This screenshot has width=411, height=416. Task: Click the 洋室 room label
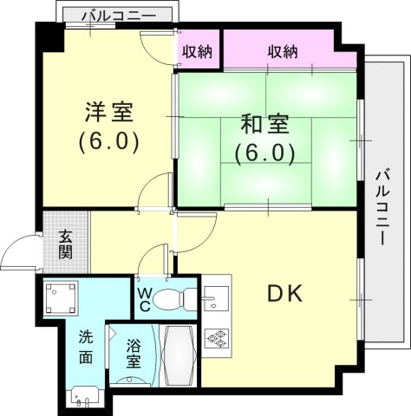pyautogui.click(x=109, y=113)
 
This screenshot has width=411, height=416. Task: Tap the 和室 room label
pyautogui.click(x=265, y=124)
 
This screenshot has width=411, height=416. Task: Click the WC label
pyautogui.click(x=144, y=299)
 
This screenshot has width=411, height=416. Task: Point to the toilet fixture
pyautogui.click(x=177, y=298)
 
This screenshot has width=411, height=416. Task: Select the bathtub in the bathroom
pyautogui.click(x=179, y=356)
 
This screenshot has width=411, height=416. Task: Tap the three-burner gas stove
pyautogui.click(x=216, y=337)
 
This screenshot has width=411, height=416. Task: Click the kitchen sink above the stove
pyautogui.click(x=215, y=300)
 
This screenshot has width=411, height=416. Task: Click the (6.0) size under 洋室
pyautogui.click(x=109, y=140)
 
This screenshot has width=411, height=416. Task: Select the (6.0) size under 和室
pyautogui.click(x=265, y=153)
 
